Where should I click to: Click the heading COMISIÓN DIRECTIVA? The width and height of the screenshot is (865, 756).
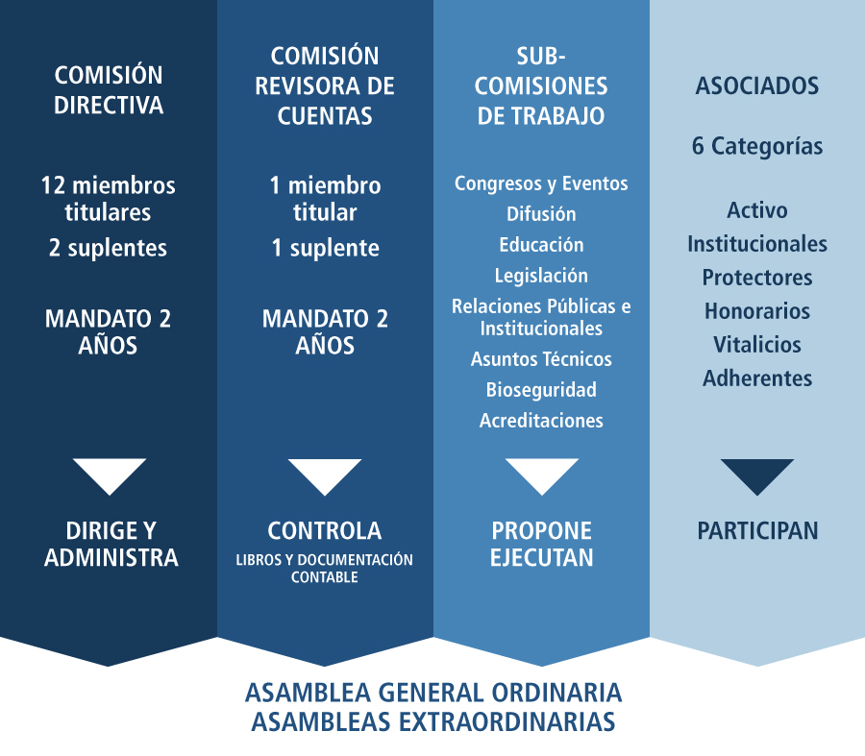tap(109, 90)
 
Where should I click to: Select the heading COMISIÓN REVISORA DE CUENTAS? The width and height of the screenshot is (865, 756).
tap(325, 86)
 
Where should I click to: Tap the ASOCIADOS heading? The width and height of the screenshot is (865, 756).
tap(757, 86)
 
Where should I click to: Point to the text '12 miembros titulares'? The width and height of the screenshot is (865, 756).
tap(108, 199)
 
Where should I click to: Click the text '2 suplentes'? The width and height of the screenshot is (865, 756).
tap(108, 248)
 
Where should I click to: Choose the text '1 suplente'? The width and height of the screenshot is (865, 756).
tap(326, 248)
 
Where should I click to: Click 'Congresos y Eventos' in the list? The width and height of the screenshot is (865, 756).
tap(541, 183)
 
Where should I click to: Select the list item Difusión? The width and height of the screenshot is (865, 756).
tap(541, 214)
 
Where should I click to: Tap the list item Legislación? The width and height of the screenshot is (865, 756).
tap(541, 276)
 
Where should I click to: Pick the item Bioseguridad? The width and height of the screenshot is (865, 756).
tap(541, 390)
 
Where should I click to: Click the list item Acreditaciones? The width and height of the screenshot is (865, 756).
tap(541, 421)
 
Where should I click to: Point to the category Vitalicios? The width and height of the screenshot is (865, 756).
tap(757, 345)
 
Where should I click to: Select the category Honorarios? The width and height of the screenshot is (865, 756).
tap(757, 311)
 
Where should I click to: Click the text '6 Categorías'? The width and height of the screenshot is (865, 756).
tap(757, 146)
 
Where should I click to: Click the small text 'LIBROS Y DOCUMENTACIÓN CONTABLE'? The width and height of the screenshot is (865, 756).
tap(325, 569)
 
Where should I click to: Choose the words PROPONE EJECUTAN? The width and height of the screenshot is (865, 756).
tap(541, 545)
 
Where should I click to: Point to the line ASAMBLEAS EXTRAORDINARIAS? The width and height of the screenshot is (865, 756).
tap(433, 721)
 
